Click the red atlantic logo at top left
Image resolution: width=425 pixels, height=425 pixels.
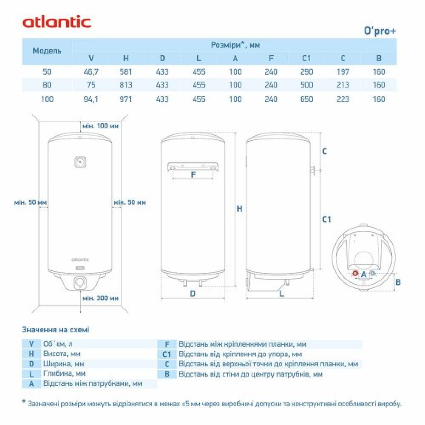[57, 23]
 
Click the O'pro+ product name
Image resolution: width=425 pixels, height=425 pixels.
[380, 31]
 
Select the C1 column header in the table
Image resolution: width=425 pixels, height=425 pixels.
[306, 58]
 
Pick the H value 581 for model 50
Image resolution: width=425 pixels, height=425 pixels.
[125, 72]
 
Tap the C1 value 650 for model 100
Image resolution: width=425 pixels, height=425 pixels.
[306, 99]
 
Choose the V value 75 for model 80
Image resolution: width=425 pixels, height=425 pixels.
[91, 85]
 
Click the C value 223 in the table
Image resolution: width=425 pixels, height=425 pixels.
[343, 99]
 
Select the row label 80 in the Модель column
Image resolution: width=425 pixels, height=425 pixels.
[47, 85]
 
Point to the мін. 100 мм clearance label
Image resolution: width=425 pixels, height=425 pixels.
[101, 126]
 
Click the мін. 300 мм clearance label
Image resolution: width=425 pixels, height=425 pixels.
[101, 298]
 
